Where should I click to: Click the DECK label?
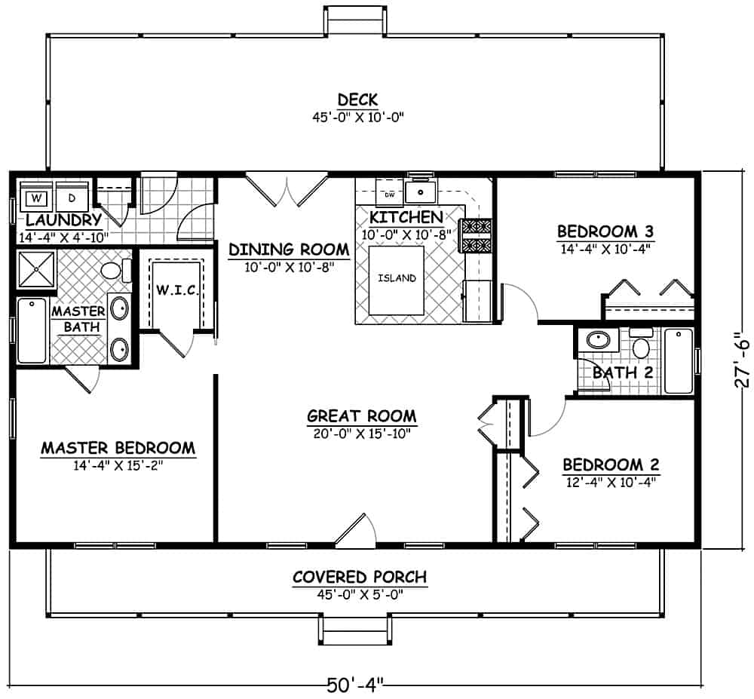357,100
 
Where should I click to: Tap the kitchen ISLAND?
397,278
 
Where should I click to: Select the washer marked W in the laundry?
35,198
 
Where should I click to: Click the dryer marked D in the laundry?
72,198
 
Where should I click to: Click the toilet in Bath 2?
641,345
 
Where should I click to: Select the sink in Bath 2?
599,339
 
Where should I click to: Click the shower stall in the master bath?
36,268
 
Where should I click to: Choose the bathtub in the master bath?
31,330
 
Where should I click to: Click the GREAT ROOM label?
361,415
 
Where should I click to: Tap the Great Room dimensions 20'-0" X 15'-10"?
361,433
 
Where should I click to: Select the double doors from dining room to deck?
286,189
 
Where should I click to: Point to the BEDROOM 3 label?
604,231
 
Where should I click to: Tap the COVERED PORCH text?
359,577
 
